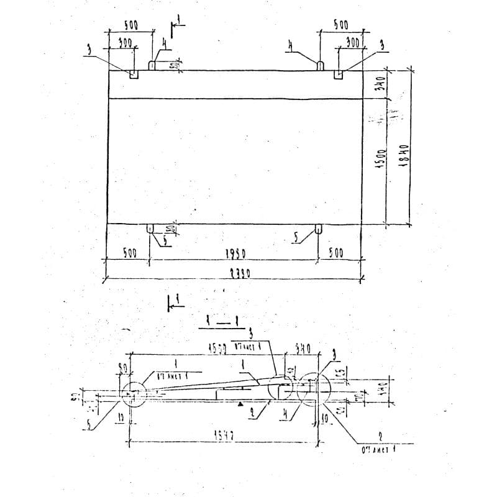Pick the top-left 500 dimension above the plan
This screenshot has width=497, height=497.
(x=130, y=25)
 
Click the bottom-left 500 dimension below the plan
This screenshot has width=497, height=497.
(x=129, y=253)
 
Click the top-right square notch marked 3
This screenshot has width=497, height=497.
(x=339, y=74)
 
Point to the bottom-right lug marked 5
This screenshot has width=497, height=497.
(x=318, y=228)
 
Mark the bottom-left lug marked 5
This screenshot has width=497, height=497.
(x=150, y=228)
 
